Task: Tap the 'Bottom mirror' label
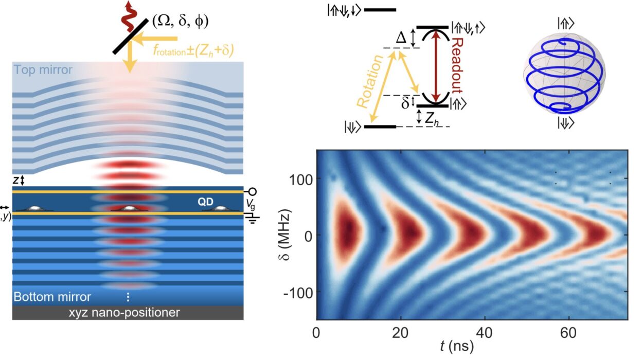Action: click(52, 297)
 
